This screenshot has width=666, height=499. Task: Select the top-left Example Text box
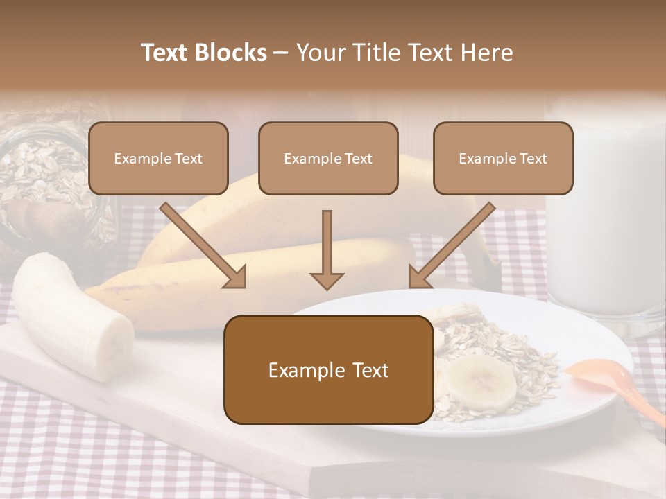158,158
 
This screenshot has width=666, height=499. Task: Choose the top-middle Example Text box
328,158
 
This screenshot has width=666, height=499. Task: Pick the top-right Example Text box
503,158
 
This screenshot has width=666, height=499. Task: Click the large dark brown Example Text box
328,369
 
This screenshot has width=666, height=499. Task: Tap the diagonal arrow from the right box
451,246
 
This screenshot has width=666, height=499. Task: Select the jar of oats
49,187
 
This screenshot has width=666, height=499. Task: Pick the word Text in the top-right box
533,158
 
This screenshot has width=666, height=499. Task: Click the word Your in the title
318,53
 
